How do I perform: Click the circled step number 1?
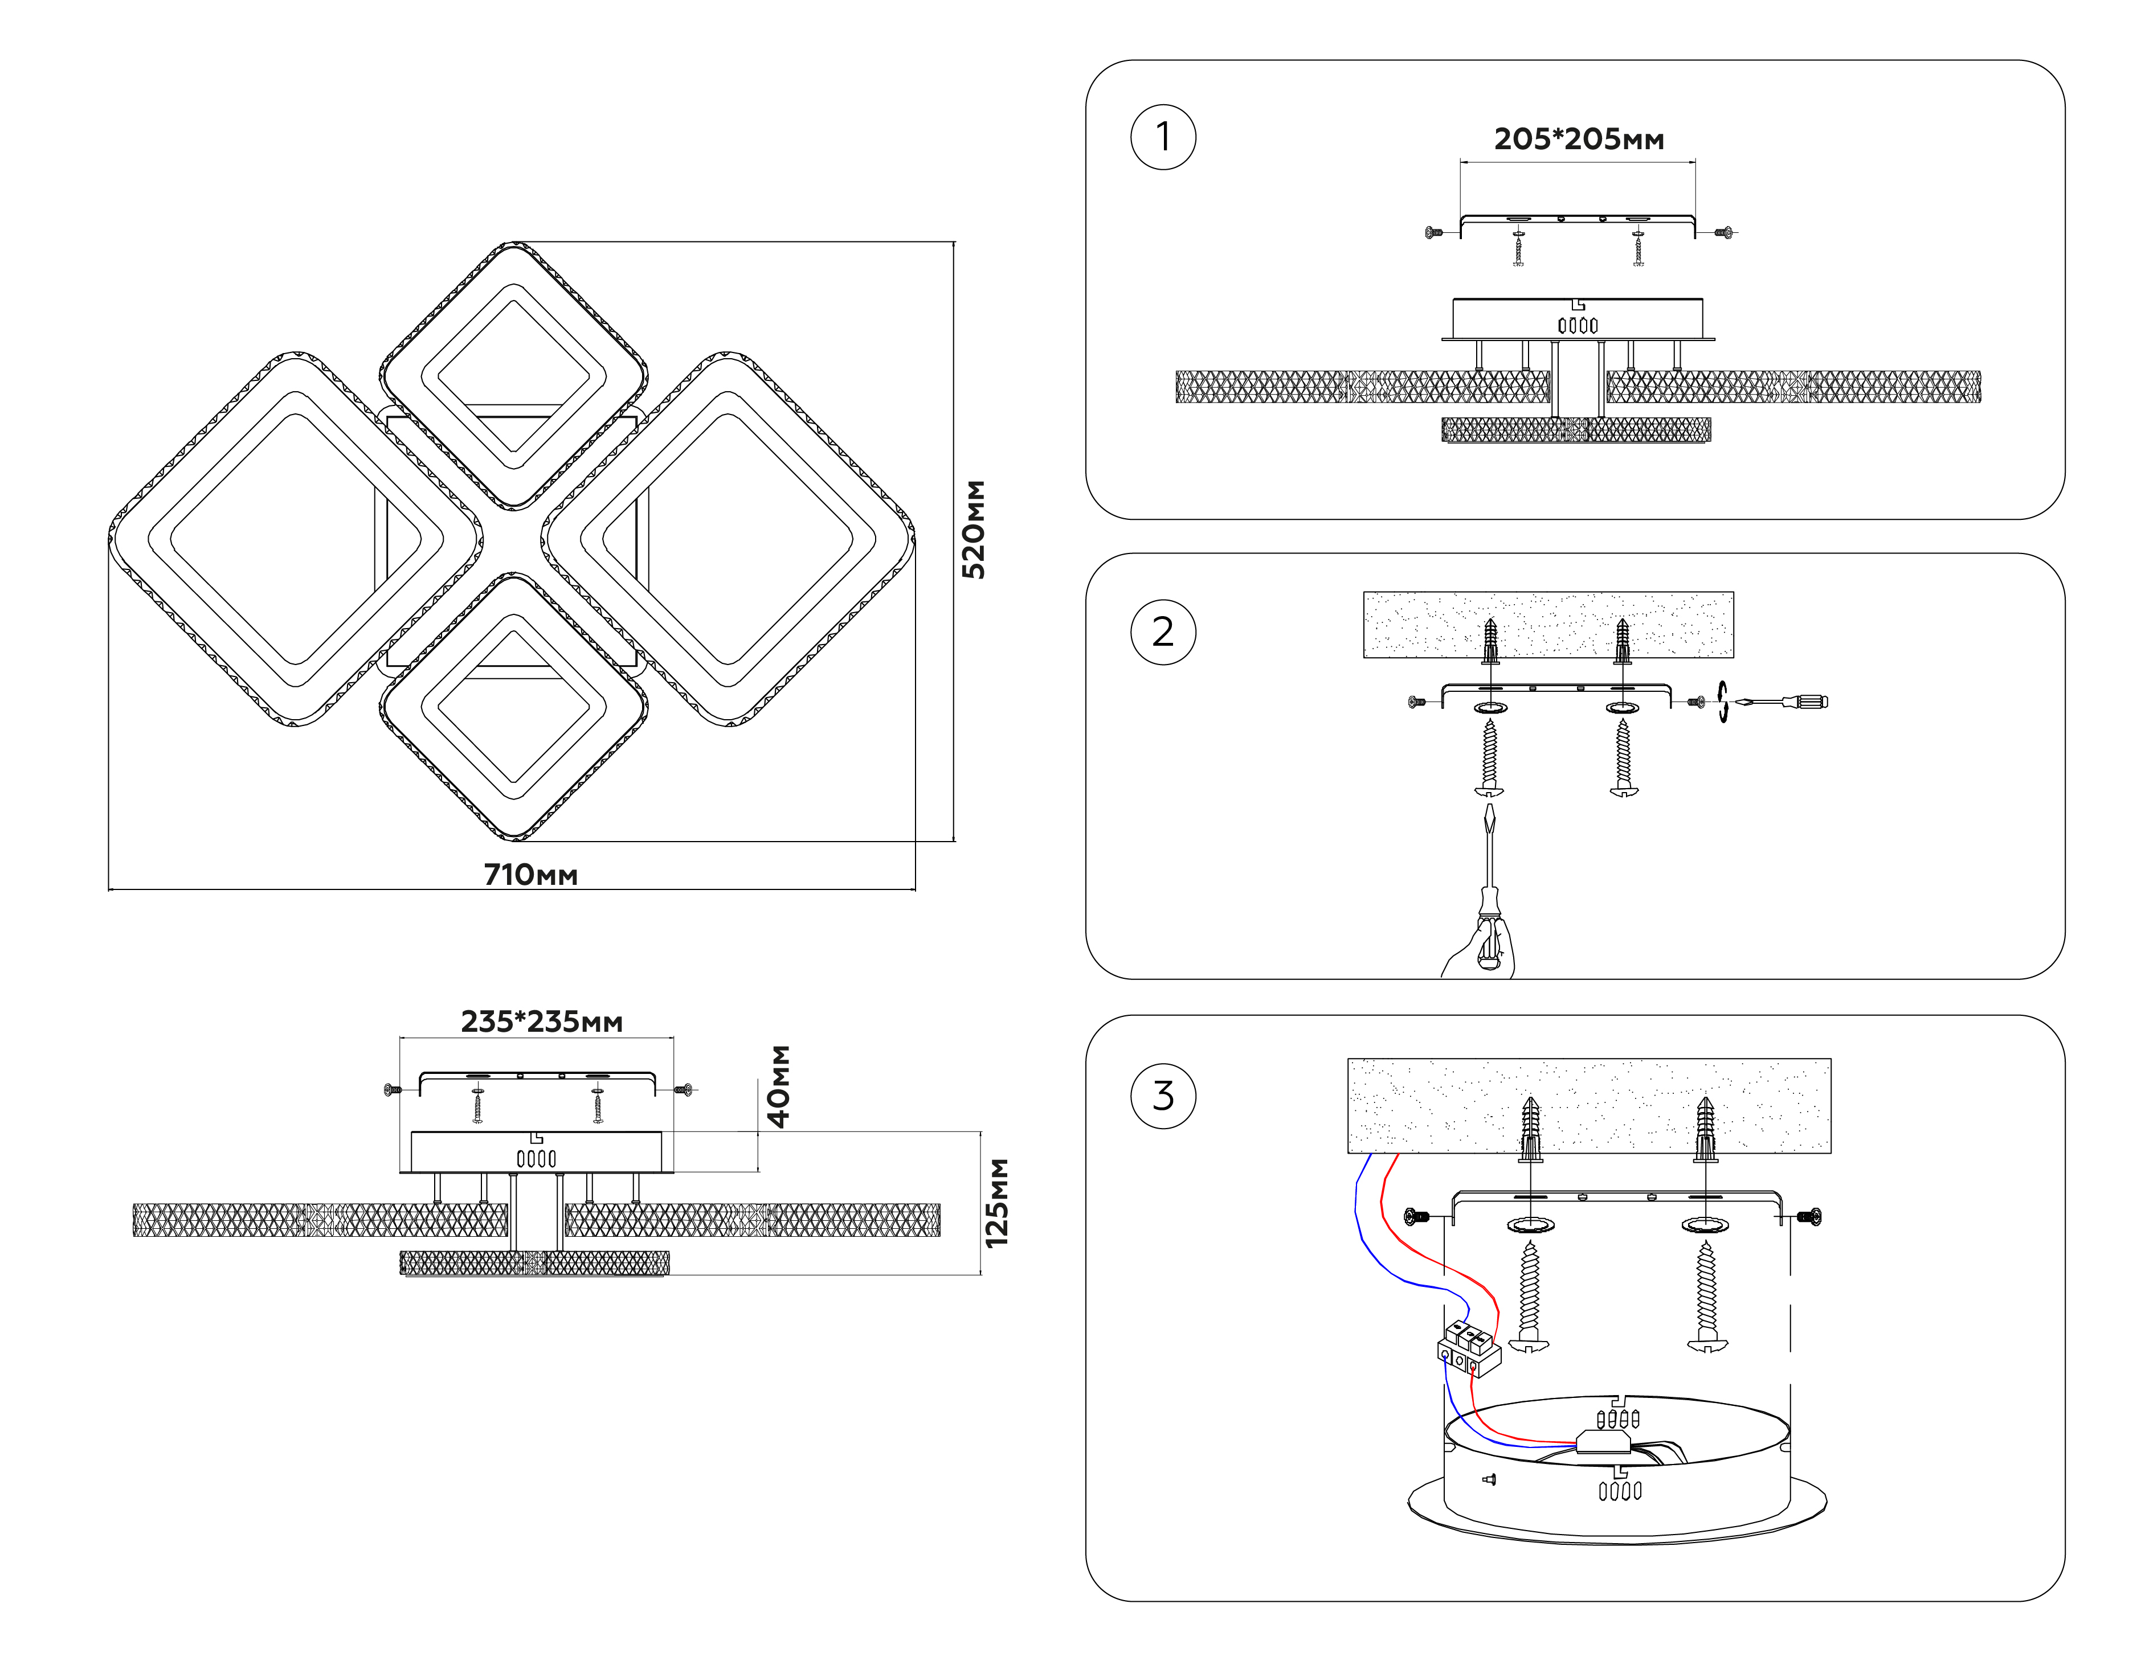pyautogui.click(x=1162, y=137)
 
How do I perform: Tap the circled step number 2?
pyautogui.click(x=1162, y=632)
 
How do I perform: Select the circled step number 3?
pyautogui.click(x=1162, y=1096)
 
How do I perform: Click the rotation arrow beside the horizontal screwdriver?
pyautogui.click(x=1722, y=702)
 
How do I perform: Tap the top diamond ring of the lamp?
pyautogui.click(x=514, y=293)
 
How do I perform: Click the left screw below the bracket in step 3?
pyautogui.click(x=1529, y=1296)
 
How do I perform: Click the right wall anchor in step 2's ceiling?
pyautogui.click(x=1623, y=641)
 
